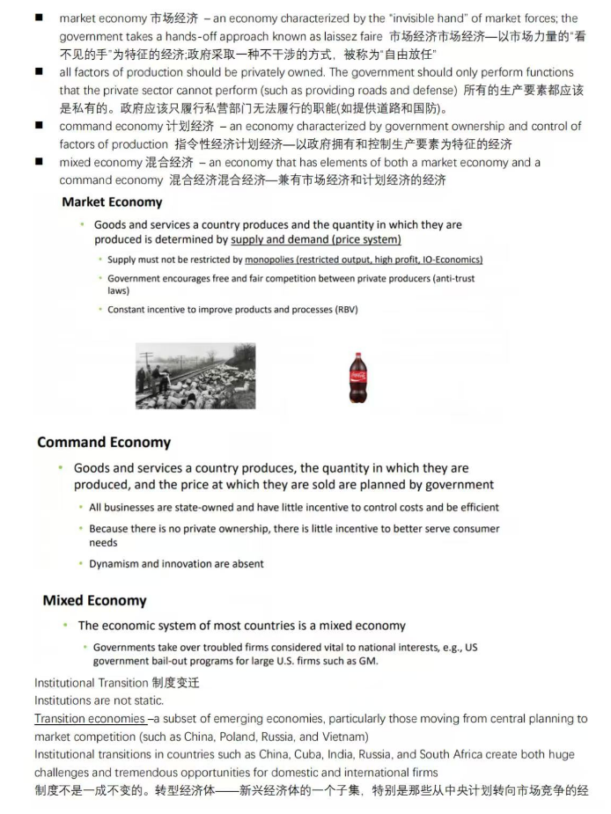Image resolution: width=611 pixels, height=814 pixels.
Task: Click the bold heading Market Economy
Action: [x=112, y=202]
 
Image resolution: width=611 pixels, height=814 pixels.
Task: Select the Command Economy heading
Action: [x=104, y=442]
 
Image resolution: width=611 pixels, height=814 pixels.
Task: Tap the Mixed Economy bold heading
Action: [x=94, y=600]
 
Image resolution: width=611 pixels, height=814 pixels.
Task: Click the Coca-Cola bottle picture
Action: [x=357, y=378]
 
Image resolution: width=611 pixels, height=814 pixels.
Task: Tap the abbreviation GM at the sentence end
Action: [x=369, y=662]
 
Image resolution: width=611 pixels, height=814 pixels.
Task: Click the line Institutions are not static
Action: [x=99, y=700]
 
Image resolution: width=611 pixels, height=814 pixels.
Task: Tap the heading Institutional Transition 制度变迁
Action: [x=116, y=683]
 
